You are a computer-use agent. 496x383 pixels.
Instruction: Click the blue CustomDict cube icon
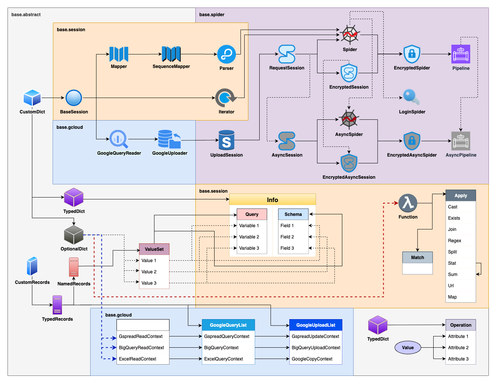coord(32,98)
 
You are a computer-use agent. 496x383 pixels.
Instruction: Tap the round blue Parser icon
coord(227,54)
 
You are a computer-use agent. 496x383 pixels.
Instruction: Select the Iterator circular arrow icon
coord(225,98)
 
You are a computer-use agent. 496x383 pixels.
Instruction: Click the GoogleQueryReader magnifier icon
coord(119,139)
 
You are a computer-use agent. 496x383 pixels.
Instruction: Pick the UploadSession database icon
coord(226,140)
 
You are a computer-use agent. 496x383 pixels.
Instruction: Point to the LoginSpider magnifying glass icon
coord(411,97)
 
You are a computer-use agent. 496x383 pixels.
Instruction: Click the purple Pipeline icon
coord(461,54)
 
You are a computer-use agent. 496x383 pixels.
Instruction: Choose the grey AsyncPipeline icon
coord(461,141)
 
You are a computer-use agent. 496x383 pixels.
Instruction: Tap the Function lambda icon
coord(408,203)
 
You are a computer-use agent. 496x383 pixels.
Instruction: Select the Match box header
coord(417,258)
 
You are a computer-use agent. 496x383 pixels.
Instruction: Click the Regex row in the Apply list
coord(455,241)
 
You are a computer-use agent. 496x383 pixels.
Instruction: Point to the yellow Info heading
coord(272,200)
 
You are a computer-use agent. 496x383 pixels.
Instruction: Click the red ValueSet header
coord(154,249)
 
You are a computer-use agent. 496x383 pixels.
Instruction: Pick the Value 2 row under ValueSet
coord(149,272)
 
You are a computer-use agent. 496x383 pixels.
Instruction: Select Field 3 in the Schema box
coord(287,248)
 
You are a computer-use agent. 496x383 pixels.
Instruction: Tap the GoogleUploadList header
coord(316,325)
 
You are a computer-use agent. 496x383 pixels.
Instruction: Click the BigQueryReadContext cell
coord(142,348)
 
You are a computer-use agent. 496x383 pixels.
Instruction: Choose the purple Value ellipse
coord(408,348)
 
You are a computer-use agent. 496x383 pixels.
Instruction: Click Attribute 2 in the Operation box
coord(458,348)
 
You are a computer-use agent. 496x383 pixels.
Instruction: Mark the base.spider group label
coord(212,15)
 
